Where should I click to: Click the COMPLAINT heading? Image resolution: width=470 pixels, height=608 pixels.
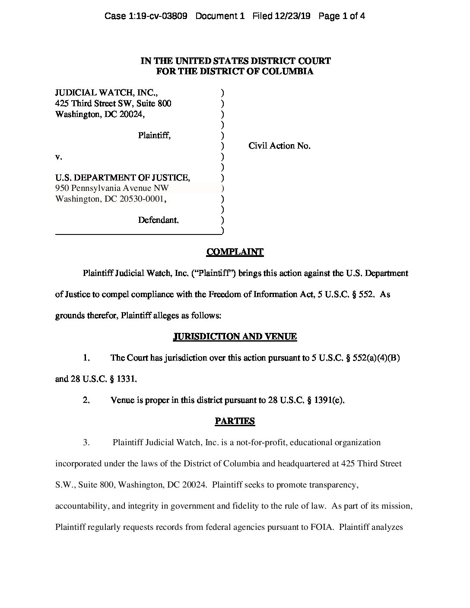point(235,252)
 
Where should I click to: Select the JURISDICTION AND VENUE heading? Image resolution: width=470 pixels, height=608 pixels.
point(235,337)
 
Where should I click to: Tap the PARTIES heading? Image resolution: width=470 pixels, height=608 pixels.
point(235,421)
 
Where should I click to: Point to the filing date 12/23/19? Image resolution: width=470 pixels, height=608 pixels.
point(294,16)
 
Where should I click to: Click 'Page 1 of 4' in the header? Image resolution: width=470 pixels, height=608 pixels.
point(342,16)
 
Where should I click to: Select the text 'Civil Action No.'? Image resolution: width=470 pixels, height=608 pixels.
point(279,146)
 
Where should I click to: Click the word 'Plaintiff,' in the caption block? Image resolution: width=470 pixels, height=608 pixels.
point(154,136)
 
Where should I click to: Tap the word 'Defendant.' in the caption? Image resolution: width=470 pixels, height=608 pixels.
point(158,220)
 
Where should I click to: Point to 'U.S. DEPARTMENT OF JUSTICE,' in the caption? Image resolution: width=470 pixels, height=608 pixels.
point(122,178)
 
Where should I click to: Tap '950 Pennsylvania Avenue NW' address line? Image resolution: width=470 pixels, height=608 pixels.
point(112,188)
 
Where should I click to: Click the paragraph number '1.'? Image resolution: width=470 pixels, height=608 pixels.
point(86,358)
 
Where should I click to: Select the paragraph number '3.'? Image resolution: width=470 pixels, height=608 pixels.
point(86,443)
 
